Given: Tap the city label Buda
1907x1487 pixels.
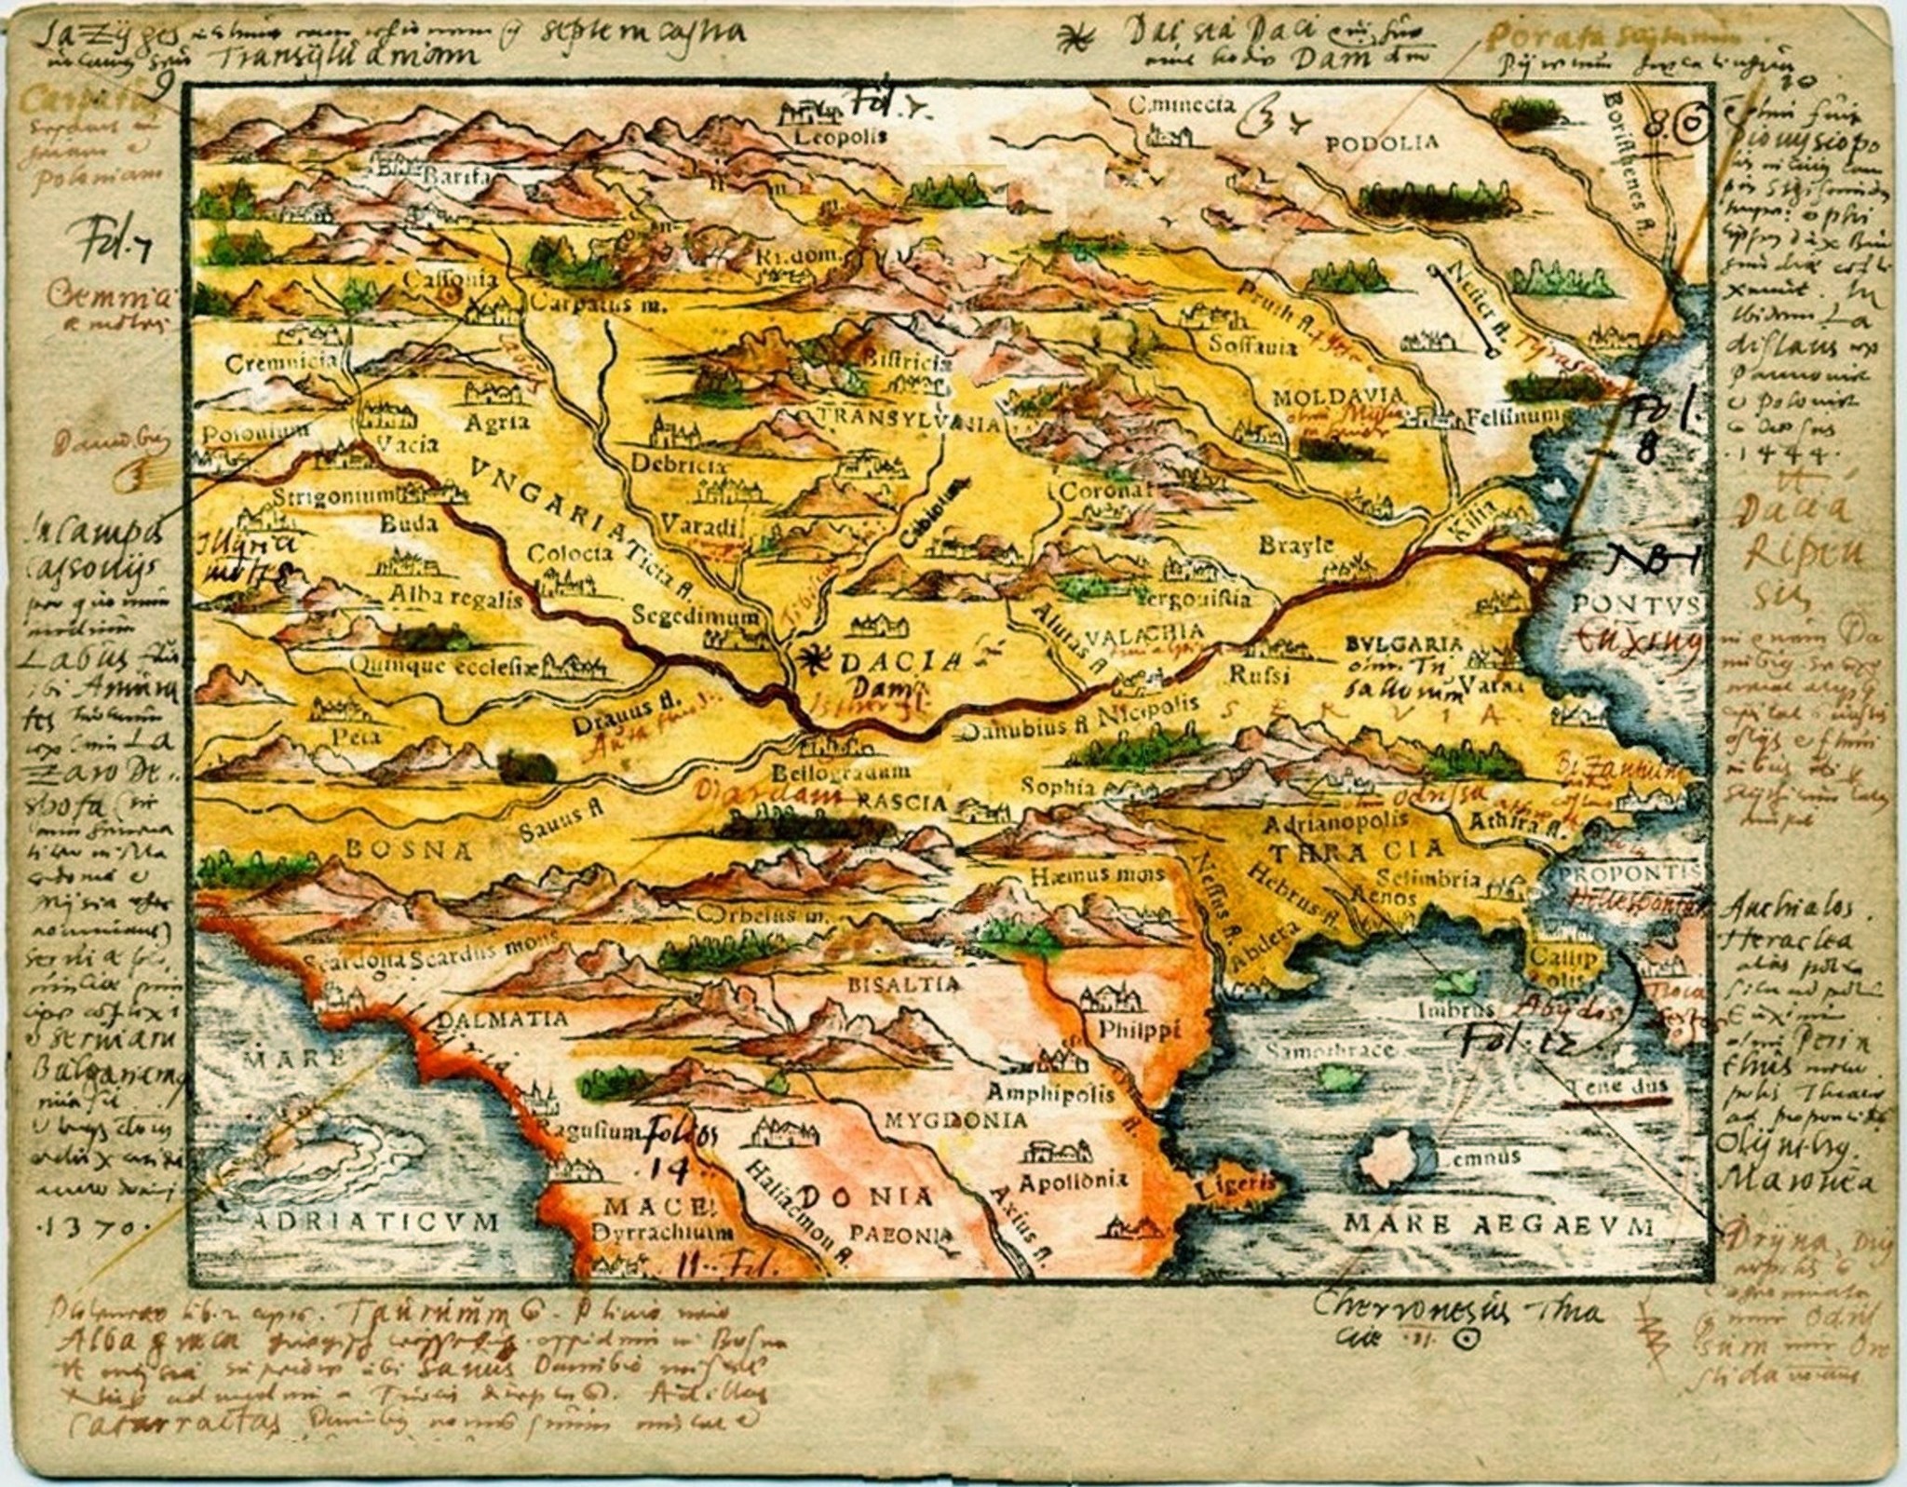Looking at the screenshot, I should (x=408, y=523).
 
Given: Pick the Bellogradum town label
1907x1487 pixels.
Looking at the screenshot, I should (x=828, y=772).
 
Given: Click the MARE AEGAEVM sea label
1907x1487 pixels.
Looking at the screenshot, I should (x=1496, y=1223).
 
